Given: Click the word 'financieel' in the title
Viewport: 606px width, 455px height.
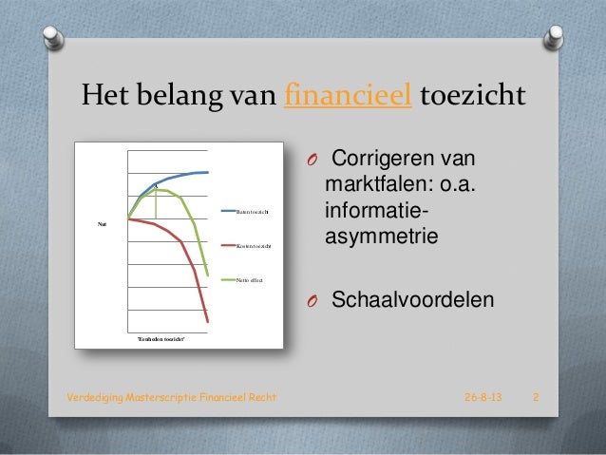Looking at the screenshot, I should pyautogui.click(x=348, y=97).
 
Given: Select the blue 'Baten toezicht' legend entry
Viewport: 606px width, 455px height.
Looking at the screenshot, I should pyautogui.click(x=253, y=210).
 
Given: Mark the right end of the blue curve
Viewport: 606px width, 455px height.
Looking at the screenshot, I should pyautogui.click(x=208, y=172).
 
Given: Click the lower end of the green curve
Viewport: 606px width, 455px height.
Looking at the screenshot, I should pyautogui.click(x=208, y=275).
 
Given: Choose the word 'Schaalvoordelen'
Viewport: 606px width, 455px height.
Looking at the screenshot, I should pyautogui.click(x=411, y=301).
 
